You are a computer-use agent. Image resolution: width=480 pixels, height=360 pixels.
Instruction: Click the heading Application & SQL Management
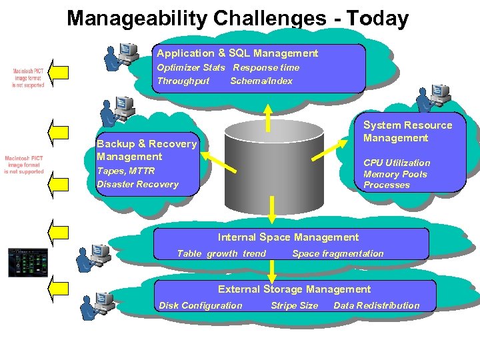[x=237, y=53]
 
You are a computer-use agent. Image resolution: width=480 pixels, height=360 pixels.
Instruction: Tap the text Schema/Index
[x=261, y=81]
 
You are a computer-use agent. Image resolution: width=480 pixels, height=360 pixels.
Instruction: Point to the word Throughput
[x=183, y=81]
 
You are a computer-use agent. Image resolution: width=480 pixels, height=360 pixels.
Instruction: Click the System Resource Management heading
[x=407, y=131]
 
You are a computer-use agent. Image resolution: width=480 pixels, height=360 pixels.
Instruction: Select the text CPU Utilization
[x=397, y=163]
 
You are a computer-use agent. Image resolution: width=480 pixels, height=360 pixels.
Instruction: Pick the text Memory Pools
[x=395, y=174]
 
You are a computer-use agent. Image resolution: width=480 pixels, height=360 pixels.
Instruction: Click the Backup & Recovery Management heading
[x=147, y=150]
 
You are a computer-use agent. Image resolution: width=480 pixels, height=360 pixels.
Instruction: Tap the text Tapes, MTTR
[x=125, y=171]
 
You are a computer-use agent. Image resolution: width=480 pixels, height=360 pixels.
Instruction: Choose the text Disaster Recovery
[x=137, y=184]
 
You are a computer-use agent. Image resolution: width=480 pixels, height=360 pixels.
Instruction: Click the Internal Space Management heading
[x=288, y=237]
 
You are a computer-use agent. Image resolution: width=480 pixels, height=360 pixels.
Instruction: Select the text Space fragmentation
[x=338, y=253]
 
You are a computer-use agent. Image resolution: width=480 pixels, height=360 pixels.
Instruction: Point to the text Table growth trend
[x=221, y=253]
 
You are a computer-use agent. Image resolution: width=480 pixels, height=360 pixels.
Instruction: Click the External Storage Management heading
[x=294, y=289]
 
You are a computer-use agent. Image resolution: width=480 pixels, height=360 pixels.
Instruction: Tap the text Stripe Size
[x=294, y=305]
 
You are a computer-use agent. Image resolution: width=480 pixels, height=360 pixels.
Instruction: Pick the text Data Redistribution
[x=377, y=305]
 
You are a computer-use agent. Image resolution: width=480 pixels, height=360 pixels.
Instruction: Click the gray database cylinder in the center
[x=271, y=160]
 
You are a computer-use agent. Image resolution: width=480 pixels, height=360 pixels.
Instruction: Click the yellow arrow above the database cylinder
[x=268, y=117]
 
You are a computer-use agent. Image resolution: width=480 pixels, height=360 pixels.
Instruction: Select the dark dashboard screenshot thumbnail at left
[x=25, y=262]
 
